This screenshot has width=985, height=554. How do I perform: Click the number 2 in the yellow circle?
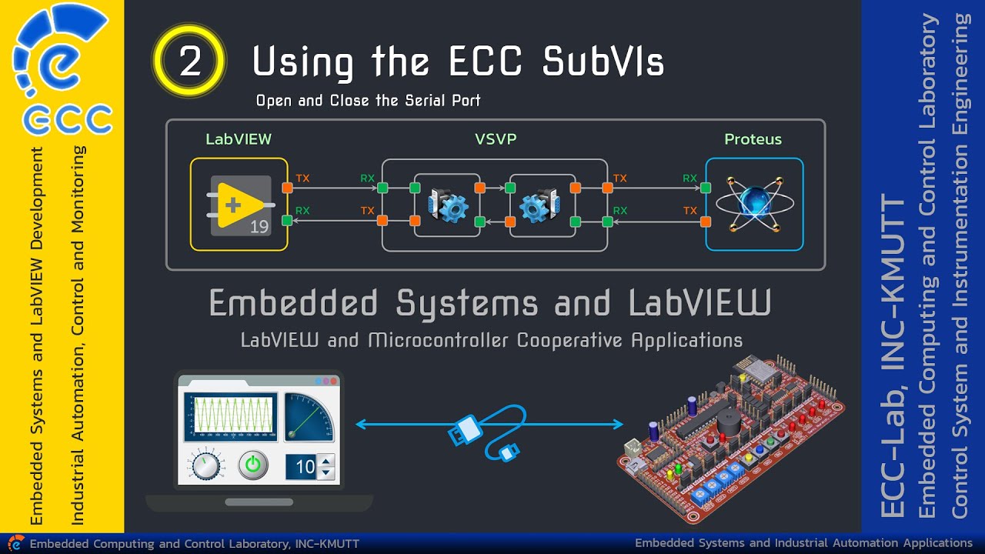pos(189,62)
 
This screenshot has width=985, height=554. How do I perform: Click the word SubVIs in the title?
pos(603,62)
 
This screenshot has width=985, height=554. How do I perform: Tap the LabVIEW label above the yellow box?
pos(239,139)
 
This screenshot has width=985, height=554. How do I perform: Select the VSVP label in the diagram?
pos(496,139)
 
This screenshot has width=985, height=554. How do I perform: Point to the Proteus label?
pos(753,139)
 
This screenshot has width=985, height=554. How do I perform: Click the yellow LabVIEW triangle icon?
pos(239,205)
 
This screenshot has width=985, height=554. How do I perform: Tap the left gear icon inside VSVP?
pos(448,205)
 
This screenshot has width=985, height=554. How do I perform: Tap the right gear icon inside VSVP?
pos(539,205)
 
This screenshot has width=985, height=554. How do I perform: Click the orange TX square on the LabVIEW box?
pos(287,188)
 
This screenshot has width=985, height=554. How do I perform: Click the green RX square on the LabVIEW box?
pos(287,221)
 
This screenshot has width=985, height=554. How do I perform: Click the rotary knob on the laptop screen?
pos(204,466)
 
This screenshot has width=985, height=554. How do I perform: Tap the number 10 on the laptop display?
pos(305,466)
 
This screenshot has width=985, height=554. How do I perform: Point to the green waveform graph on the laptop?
pos(230,417)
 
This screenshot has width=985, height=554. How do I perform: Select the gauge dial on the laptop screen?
pos(309,416)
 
